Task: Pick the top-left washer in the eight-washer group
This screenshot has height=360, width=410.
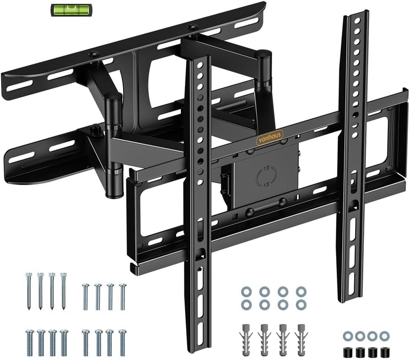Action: tap(244, 291)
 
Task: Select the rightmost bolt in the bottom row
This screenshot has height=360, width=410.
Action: tap(122, 342)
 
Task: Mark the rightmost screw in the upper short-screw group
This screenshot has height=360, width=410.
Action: tap(122, 295)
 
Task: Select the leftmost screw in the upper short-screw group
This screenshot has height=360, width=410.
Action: tap(86, 295)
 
